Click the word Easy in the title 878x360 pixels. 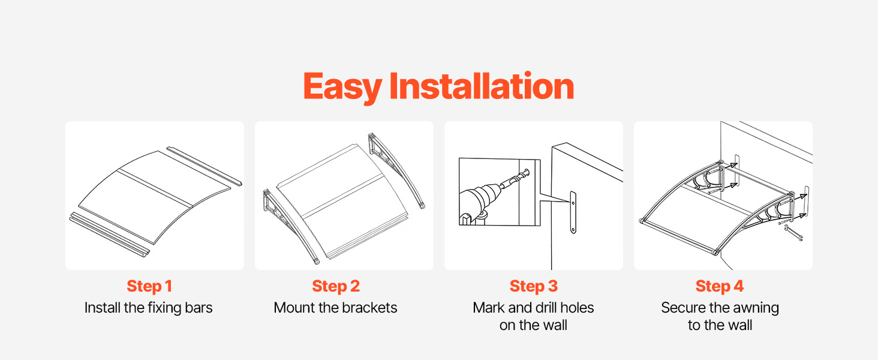342,88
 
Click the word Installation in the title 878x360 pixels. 482,86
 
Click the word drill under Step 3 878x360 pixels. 545,308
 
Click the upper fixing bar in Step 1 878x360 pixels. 205,166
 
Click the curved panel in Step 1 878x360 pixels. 155,197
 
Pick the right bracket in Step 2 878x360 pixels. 395,169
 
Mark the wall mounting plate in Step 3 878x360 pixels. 573,212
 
